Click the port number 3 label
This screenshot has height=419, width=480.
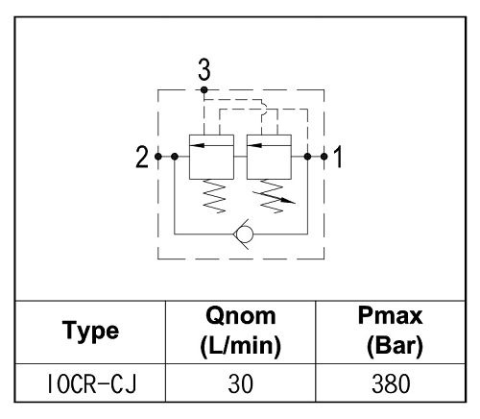(204, 69)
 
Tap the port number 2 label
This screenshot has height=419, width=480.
(142, 157)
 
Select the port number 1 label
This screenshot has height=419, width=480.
(338, 157)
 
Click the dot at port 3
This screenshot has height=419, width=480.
(204, 90)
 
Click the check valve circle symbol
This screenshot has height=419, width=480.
(244, 234)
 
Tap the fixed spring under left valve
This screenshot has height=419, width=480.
(214, 196)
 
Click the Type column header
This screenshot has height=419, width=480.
(90, 332)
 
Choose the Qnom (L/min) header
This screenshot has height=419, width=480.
(240, 332)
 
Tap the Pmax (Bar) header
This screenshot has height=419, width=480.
(391, 332)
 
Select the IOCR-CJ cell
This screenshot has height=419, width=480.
(91, 383)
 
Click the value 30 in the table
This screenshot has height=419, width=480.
(240, 383)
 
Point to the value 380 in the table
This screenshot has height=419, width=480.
(391, 383)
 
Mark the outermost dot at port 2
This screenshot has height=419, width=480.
(158, 157)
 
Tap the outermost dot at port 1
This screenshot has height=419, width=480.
(324, 157)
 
